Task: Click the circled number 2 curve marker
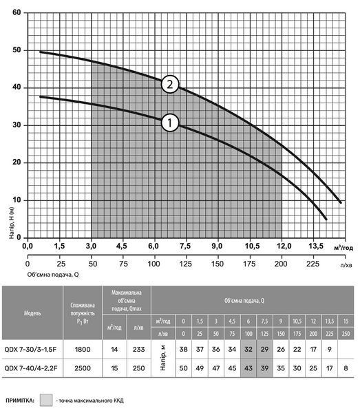170,84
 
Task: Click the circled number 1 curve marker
170,123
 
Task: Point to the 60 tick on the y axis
17,12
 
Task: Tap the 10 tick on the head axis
17,200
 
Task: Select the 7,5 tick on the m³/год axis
185,246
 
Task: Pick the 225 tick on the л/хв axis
313,264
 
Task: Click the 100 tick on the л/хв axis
153,264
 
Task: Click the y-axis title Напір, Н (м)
12,223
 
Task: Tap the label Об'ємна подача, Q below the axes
53,275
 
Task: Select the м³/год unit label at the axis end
343,248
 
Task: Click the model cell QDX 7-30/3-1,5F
30,350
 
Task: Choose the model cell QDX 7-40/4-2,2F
30,368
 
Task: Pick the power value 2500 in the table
83,368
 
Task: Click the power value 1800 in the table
83,350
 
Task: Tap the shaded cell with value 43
248,368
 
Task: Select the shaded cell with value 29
264,350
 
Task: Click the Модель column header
32,313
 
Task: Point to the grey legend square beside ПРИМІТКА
46,401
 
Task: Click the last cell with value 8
346,368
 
